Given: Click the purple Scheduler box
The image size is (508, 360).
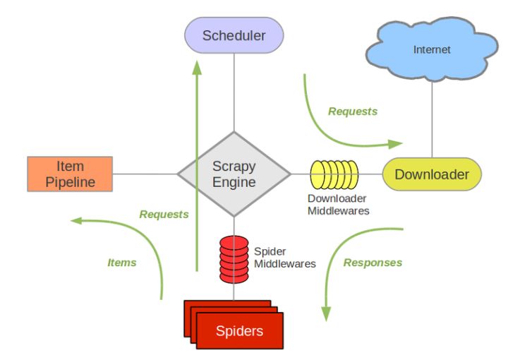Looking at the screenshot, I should pyautogui.click(x=234, y=35).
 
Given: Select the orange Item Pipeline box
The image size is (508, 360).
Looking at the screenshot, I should pyautogui.click(x=70, y=174).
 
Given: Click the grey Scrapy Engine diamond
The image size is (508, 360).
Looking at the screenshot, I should pyautogui.click(x=234, y=174).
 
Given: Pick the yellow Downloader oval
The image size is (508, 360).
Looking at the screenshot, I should pyautogui.click(x=431, y=174).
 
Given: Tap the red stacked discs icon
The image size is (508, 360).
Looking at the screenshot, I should pyautogui.click(x=234, y=258).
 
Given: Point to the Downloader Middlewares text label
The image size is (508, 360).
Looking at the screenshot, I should pyautogui.click(x=338, y=205).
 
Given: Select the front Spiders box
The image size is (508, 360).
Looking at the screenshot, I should pyautogui.click(x=239, y=330).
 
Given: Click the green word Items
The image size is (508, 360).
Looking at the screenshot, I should pyautogui.click(x=121, y=263).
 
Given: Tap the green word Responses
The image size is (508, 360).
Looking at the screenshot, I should pyautogui.click(x=373, y=263).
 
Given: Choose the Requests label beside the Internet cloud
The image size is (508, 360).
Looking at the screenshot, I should pyautogui.click(x=353, y=112).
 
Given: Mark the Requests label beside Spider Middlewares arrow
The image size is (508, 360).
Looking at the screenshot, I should pyautogui.click(x=164, y=214).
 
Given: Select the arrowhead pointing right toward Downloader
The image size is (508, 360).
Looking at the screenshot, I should pyautogui.click(x=395, y=144).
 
